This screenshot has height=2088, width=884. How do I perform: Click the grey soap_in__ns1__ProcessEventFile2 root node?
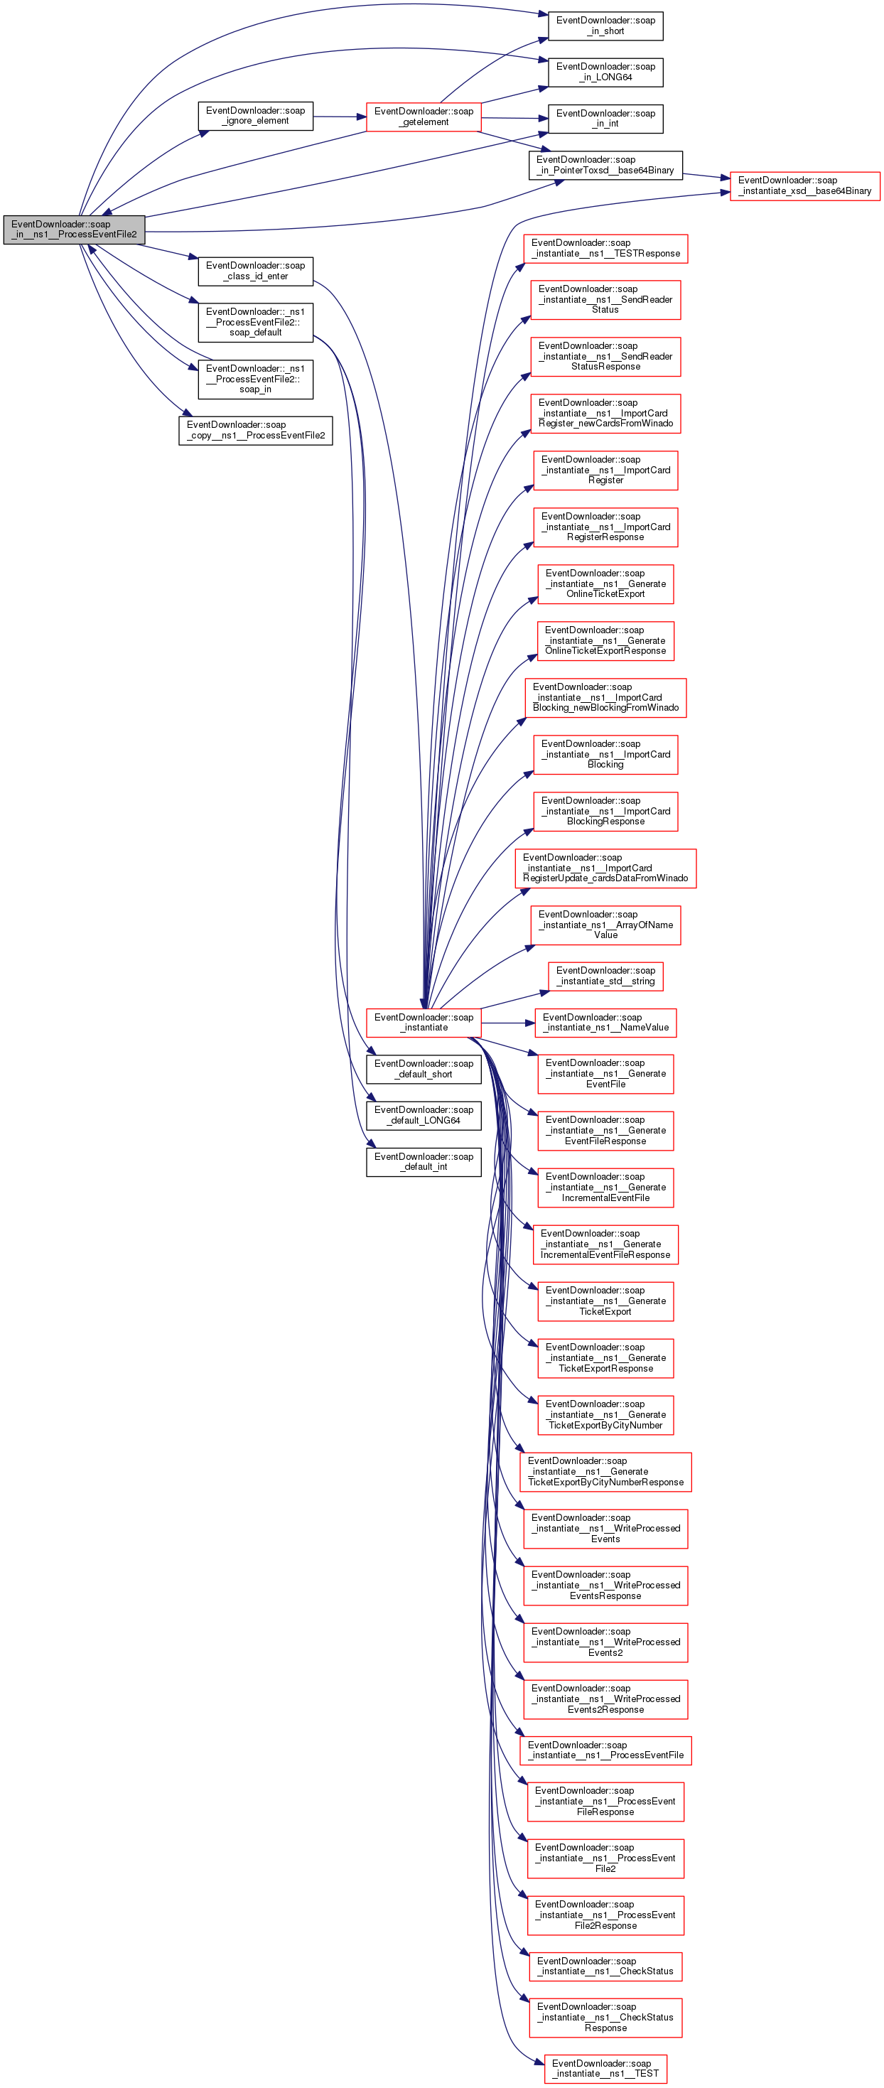click(x=74, y=230)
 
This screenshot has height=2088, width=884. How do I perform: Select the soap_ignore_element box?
click(x=255, y=116)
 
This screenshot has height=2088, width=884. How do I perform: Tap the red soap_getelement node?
click(x=423, y=117)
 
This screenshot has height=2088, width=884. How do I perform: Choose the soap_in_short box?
click(x=605, y=26)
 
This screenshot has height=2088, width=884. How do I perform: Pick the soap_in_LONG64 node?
click(x=605, y=72)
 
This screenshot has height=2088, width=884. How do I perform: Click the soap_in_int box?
click(x=605, y=119)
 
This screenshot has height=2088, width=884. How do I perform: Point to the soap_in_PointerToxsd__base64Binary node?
click(x=605, y=166)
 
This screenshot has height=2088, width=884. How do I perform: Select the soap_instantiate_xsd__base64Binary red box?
click(x=804, y=185)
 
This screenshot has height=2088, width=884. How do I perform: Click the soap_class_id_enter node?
click(x=255, y=271)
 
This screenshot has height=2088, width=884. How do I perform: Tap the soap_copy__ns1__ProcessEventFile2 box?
click(x=255, y=431)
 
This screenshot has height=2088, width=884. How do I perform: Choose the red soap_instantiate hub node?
click(x=423, y=1023)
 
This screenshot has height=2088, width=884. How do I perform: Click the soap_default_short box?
click(x=423, y=1069)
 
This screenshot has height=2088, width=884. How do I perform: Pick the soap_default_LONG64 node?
click(x=423, y=1115)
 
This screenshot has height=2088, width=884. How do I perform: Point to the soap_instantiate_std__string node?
click(x=605, y=976)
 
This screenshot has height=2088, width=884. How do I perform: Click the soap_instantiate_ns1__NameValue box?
click(x=605, y=1023)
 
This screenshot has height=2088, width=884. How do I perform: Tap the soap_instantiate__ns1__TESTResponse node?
click(x=605, y=248)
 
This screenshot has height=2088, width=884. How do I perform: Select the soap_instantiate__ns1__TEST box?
click(x=605, y=2069)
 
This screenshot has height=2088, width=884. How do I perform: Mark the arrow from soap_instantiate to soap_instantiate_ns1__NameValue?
click(x=507, y=1023)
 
